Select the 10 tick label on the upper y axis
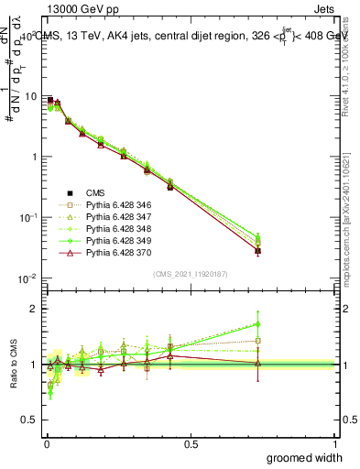click(x=29, y=96)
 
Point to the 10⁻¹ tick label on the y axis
click(x=27, y=218)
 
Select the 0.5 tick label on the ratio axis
click(x=30, y=421)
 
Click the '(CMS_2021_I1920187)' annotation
click(x=191, y=274)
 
